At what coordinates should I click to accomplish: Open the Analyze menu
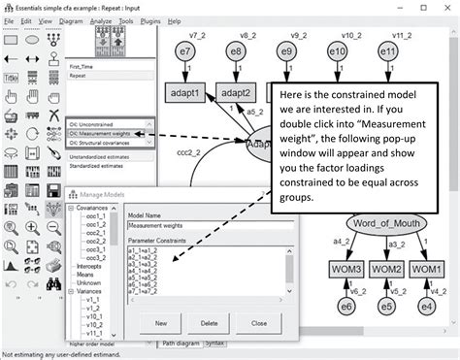[x=102, y=19]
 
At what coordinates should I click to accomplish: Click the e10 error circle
[x=338, y=51]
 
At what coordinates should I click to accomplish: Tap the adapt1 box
[x=187, y=94]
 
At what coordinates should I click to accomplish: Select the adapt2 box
[x=238, y=94]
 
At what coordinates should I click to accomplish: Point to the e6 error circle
[x=345, y=308]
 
